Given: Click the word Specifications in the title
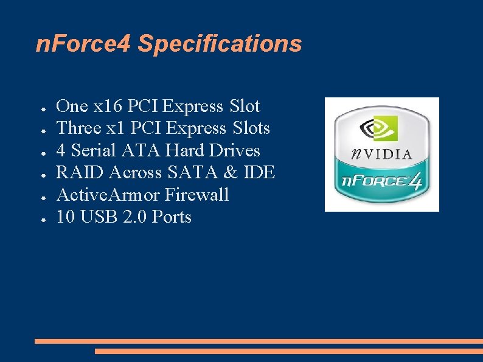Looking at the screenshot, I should tap(220, 44).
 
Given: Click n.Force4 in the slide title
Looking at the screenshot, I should tap(83, 44).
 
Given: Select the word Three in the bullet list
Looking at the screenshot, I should tap(76, 128).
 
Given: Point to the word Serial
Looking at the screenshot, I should tap(94, 150).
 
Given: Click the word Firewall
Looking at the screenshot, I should tap(196, 195).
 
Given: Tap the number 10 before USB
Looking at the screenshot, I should tap(65, 217).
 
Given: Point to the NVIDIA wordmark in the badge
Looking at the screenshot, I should tap(381, 154).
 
